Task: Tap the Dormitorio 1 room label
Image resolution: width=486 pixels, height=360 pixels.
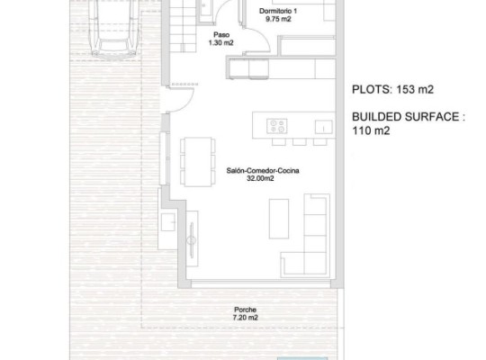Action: [x=276, y=9]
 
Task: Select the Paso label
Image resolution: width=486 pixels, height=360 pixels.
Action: [x=214, y=33]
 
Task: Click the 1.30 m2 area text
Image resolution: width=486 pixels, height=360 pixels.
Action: [x=214, y=42]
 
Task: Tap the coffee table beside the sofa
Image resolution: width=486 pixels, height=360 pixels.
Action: [x=280, y=217]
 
